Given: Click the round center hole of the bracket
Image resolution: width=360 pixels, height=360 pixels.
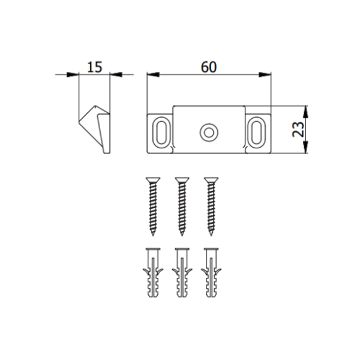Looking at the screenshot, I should pos(209,131).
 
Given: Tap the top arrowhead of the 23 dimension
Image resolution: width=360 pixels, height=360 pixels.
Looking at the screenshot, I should pos(305,110).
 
